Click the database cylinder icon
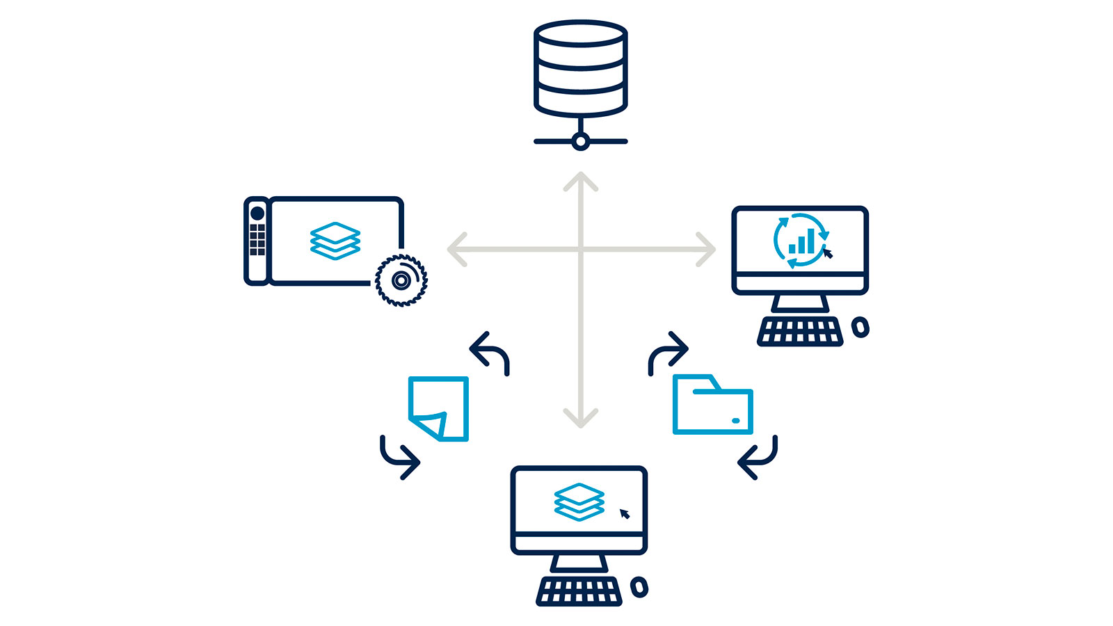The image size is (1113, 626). [581, 68]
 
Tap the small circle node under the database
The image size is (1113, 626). [581, 142]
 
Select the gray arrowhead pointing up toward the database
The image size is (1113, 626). [581, 182]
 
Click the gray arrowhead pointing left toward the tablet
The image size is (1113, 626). [457, 249]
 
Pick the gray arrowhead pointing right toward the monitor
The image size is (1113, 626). [706, 249]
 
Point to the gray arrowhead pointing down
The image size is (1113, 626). [581, 417]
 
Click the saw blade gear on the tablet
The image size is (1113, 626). [401, 280]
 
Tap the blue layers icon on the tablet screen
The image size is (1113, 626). [335, 241]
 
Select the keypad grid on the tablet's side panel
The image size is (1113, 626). [257, 239]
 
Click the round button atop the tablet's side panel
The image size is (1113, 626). [257, 213]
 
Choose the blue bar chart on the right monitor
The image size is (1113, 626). [801, 241]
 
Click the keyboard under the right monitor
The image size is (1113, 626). [800, 332]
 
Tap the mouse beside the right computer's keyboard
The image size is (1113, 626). [860, 327]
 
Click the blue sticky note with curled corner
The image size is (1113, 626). [439, 408]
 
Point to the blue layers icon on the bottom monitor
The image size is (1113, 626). [579, 501]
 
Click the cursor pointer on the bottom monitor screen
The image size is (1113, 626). [625, 514]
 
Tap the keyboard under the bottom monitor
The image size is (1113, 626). [579, 591]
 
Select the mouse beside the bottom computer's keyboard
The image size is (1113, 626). [639, 587]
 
